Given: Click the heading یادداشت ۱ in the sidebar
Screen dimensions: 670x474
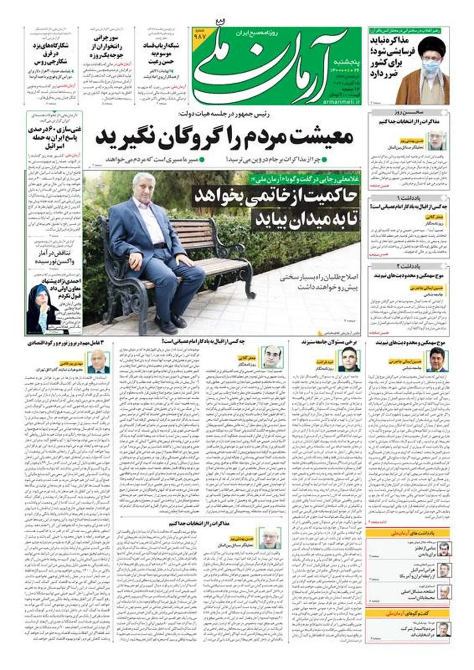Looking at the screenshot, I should pyautogui.click(x=409, y=197).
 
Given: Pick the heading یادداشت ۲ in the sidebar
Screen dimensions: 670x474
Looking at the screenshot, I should pyautogui.click(x=409, y=266).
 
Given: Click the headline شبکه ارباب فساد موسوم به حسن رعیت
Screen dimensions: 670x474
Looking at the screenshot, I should pyautogui.click(x=161, y=54).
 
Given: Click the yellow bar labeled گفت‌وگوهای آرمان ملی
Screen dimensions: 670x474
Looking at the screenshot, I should pyautogui.click(x=407, y=614).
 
